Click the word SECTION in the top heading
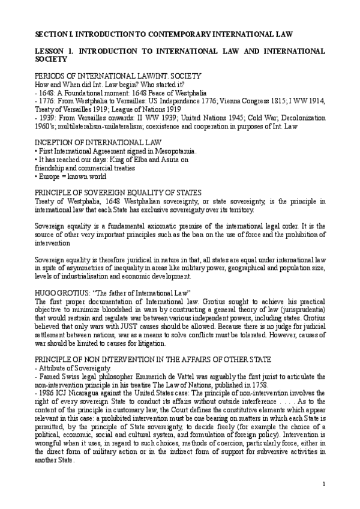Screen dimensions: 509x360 (50, 35)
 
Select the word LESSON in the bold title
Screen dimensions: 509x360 (49, 52)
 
